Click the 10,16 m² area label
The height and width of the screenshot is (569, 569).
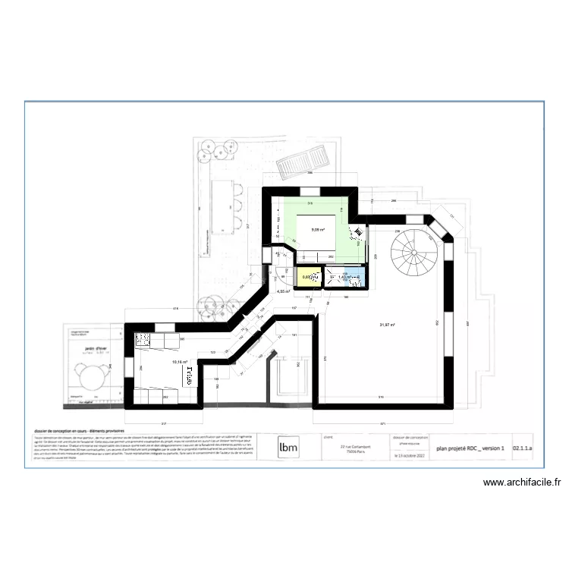179,362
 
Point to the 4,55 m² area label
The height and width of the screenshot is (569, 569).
283,291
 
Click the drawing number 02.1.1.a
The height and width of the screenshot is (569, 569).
523,448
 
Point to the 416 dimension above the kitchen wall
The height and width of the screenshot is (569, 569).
174,310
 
